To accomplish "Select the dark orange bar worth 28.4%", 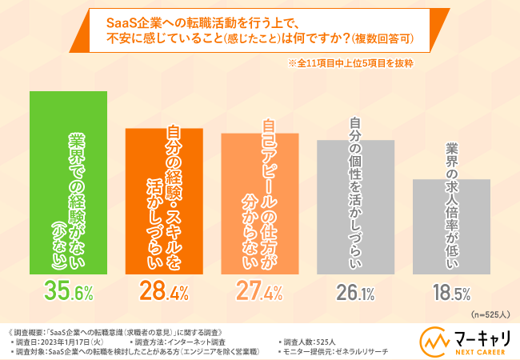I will [x=163, y=200].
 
